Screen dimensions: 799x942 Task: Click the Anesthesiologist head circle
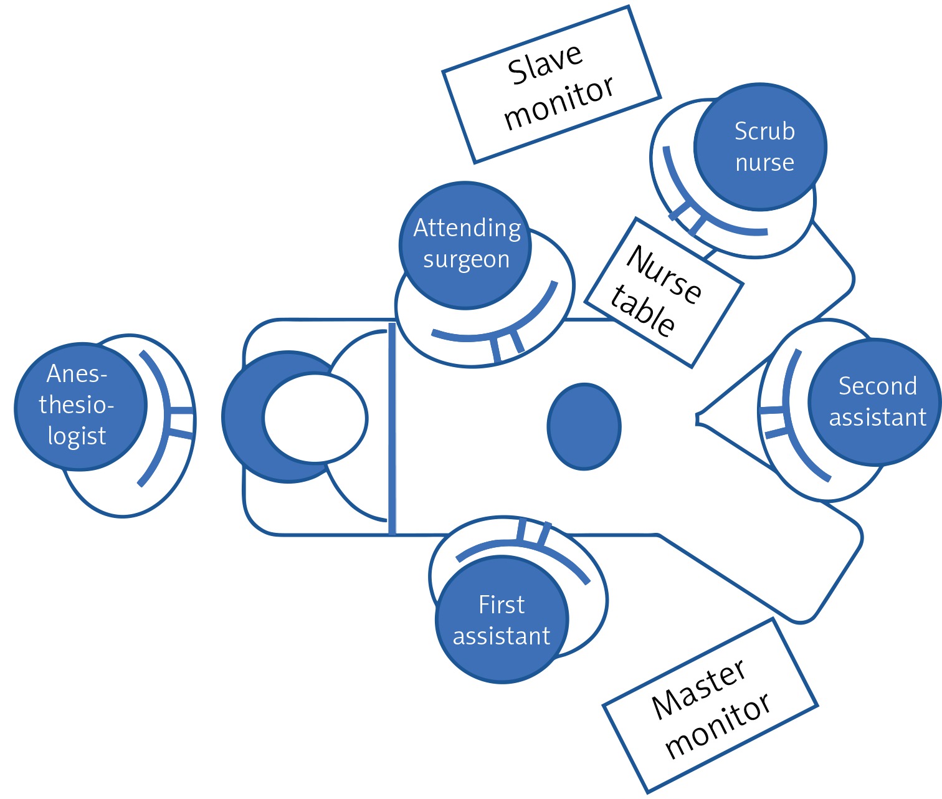(80, 406)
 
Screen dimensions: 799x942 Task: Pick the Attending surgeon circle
(465, 244)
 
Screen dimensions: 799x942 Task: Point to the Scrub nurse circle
(760, 147)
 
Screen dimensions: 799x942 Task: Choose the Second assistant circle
(875, 402)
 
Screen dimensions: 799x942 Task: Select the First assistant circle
(502, 620)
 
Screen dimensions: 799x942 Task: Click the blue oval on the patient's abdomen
(584, 426)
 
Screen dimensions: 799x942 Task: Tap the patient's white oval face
(315, 418)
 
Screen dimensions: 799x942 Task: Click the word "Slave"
(545, 63)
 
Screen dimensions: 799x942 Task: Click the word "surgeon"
(466, 260)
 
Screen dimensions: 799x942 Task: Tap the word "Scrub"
(764, 132)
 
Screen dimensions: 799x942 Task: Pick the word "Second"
(877, 386)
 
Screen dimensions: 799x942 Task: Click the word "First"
(502, 605)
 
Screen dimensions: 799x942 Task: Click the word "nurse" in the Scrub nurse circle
(764, 163)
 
